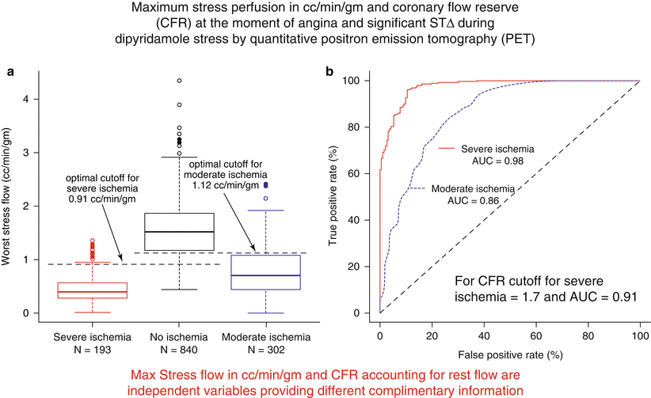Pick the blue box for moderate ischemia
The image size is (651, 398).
pyautogui.click(x=265, y=272)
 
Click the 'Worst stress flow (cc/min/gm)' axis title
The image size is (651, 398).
pyautogui.click(x=10, y=202)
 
